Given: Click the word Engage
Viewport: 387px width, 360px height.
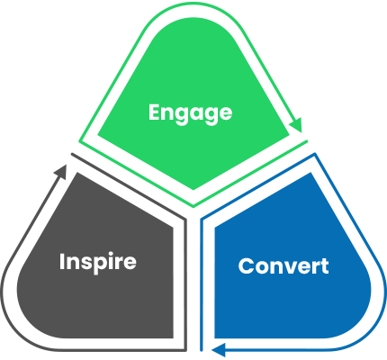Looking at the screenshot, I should [190, 113].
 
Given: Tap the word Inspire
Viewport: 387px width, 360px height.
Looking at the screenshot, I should [97, 262].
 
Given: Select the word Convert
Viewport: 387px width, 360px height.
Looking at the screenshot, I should [283, 266].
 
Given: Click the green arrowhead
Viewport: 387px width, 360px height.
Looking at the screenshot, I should [296, 126].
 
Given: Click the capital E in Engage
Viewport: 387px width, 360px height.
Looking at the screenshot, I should [155, 112].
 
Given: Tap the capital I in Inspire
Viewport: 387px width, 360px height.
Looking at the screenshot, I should [62, 262].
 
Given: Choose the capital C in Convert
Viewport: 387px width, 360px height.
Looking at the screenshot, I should [245, 266].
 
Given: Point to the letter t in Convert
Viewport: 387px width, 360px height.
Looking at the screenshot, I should [324, 267].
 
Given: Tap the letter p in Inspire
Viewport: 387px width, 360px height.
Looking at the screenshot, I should [101, 265].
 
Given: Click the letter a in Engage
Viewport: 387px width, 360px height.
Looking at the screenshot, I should [198, 114].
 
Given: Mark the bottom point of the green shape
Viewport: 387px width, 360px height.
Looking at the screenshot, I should [193, 190].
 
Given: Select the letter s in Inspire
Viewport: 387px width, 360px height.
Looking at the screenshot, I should [88, 263].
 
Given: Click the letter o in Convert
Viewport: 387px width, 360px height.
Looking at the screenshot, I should [259, 268].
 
